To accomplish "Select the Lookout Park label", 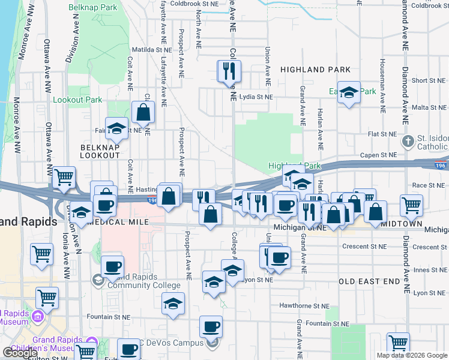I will pyautogui.click(x=77, y=100).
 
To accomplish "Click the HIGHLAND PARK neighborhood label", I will pyautogui.click(x=315, y=70).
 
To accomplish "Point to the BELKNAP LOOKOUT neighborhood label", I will pyautogui.click(x=100, y=151).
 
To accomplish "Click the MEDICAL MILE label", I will pyautogui.click(x=118, y=221).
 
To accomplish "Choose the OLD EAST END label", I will pyautogui.click(x=369, y=281).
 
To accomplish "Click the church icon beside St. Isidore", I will pyautogui.click(x=408, y=142).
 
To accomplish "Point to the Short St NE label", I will pyautogui.click(x=428, y=80).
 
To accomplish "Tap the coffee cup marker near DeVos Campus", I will pyautogui.click(x=211, y=328).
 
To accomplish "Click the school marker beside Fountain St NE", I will pyautogui.click(x=173, y=305).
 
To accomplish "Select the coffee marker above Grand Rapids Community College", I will pyautogui.click(x=112, y=267).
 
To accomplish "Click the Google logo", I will pyautogui.click(x=20, y=353).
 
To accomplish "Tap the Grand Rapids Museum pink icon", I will pyautogui.click(x=38, y=316).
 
